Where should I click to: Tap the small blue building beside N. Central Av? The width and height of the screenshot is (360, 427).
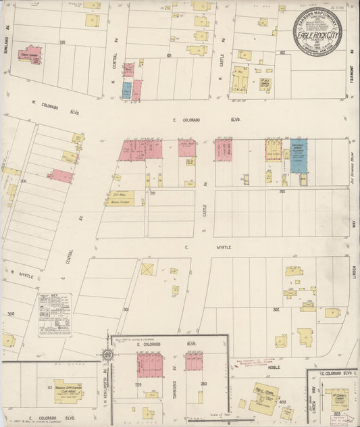[126, 89]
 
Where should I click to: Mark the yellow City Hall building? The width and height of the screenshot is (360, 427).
[119, 198]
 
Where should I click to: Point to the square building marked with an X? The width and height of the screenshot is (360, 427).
[147, 269]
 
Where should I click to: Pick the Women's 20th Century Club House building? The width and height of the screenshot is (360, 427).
[68, 389]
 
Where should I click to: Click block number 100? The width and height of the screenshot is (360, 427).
[62, 42]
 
